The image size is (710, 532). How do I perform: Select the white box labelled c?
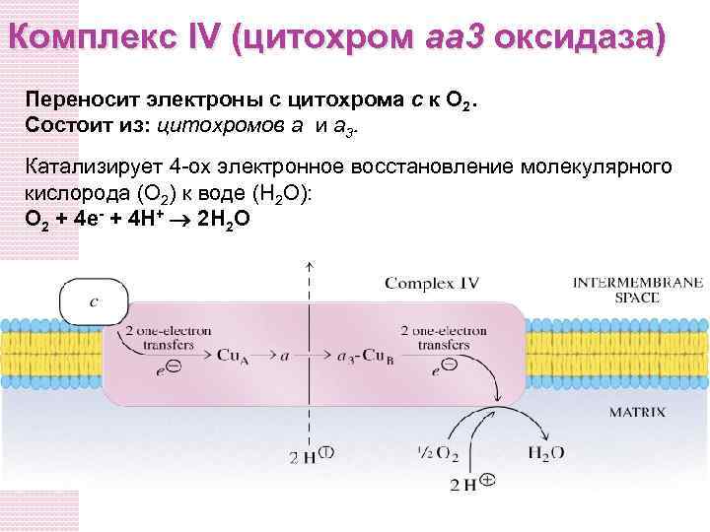[x=95, y=300]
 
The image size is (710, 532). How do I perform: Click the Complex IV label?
[x=431, y=283]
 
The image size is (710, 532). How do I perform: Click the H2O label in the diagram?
[x=545, y=453]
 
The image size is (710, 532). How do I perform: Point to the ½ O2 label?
[x=437, y=453]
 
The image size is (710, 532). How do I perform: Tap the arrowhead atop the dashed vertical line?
[x=310, y=266]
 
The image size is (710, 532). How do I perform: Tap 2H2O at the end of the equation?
[x=225, y=219]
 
